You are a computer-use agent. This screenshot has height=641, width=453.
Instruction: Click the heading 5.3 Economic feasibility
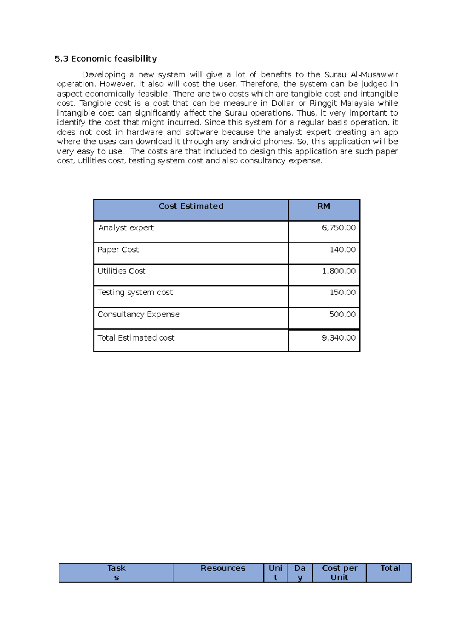click(x=106, y=59)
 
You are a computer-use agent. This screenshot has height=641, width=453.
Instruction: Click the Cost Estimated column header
click(x=191, y=206)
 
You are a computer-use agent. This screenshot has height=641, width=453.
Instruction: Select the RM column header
click(x=324, y=206)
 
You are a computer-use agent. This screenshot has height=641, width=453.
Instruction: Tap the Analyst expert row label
click(x=126, y=228)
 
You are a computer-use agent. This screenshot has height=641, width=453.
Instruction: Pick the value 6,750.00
click(x=339, y=228)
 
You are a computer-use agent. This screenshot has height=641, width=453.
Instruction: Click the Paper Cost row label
click(x=118, y=250)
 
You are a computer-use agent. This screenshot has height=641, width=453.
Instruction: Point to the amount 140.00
click(x=342, y=250)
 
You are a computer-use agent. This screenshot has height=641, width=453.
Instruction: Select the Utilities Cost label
click(x=121, y=271)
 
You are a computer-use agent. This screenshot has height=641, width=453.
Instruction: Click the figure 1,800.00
click(x=339, y=271)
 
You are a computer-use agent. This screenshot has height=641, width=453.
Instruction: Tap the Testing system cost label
click(x=135, y=293)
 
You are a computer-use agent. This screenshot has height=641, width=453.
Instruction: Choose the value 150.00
click(x=342, y=293)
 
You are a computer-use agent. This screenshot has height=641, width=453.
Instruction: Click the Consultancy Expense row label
click(x=139, y=314)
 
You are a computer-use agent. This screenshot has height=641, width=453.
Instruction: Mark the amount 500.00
click(x=342, y=314)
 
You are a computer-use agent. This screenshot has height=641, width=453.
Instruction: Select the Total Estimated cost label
click(x=136, y=338)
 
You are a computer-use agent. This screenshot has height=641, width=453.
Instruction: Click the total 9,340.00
click(x=339, y=338)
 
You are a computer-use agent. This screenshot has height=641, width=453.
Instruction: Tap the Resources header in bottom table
click(x=223, y=568)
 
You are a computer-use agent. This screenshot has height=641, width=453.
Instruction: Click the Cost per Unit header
click(x=339, y=573)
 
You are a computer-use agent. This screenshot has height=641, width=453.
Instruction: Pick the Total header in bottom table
click(x=390, y=568)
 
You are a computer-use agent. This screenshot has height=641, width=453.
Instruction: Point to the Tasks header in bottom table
click(x=116, y=572)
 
